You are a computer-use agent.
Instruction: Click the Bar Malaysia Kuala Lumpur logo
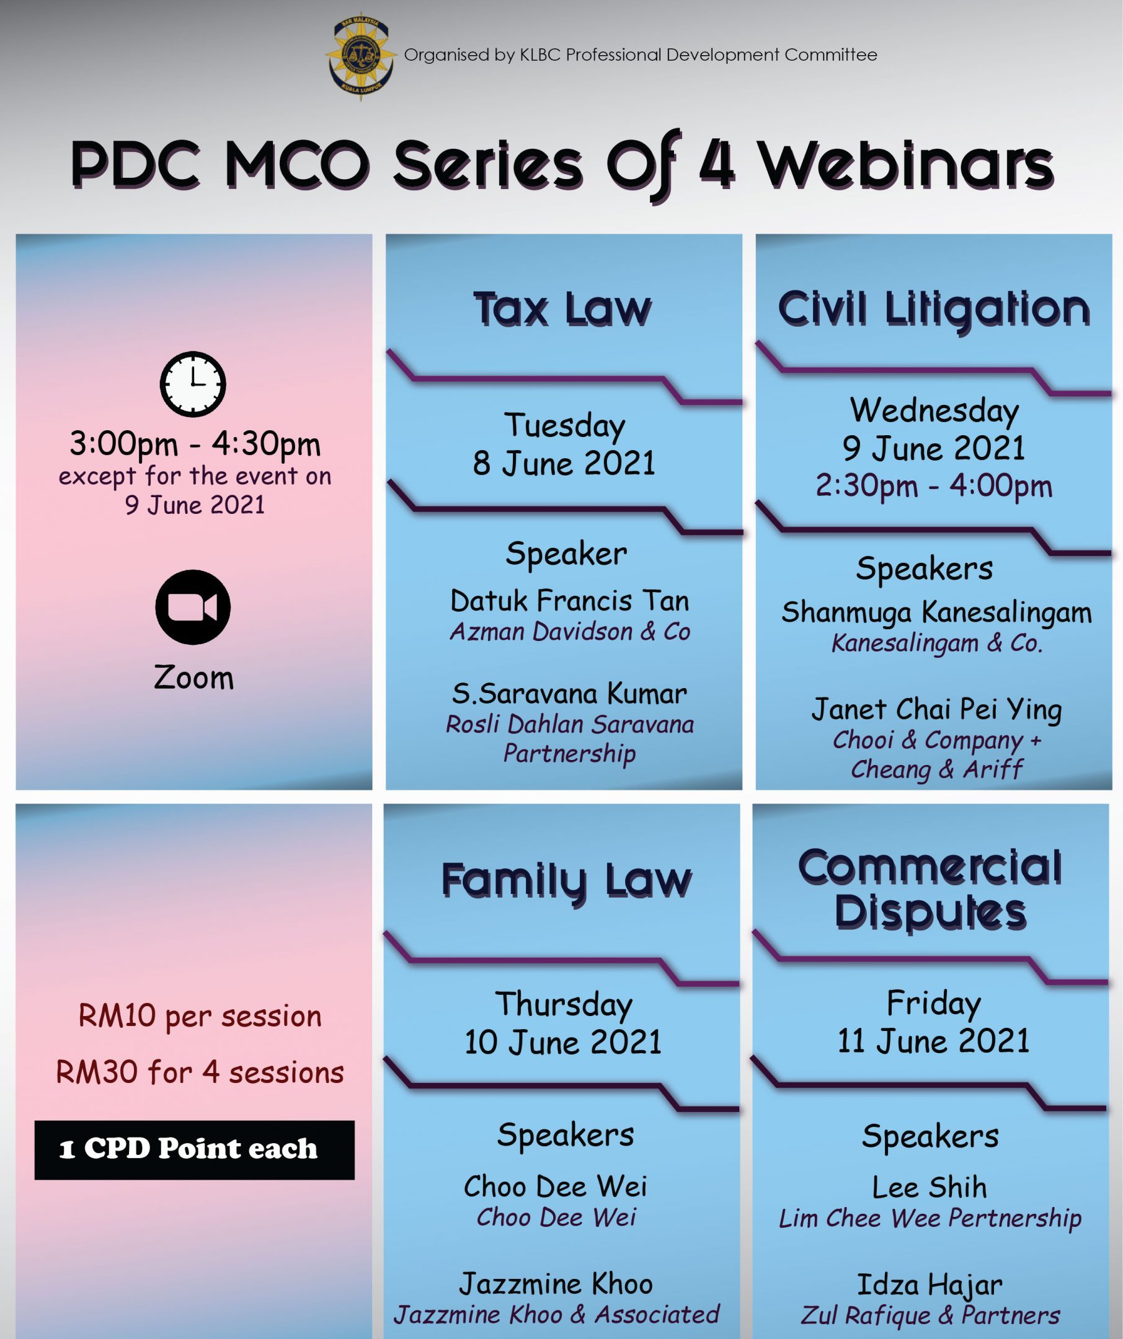coord(360,56)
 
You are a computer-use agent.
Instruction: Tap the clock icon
coord(193,384)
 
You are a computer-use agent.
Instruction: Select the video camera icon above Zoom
coord(193,607)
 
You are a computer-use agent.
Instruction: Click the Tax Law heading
coord(562,309)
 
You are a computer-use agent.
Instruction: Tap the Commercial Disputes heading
coord(930,889)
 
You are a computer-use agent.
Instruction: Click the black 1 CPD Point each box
coord(195,1150)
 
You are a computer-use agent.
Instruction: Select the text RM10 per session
coord(200,1017)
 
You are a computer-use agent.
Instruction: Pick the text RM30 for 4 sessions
coord(200,1072)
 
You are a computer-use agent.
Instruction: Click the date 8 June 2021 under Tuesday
coord(564,463)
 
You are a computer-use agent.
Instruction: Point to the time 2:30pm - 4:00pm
coord(934,487)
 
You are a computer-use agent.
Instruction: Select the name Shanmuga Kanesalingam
coord(937,612)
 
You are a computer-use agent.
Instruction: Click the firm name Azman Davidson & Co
coord(570,632)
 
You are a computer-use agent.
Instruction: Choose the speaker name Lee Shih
coord(929,1187)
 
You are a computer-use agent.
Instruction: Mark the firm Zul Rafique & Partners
coord(930,1315)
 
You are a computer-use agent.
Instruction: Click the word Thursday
coord(564,1005)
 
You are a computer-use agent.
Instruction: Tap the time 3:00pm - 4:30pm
coord(195,444)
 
